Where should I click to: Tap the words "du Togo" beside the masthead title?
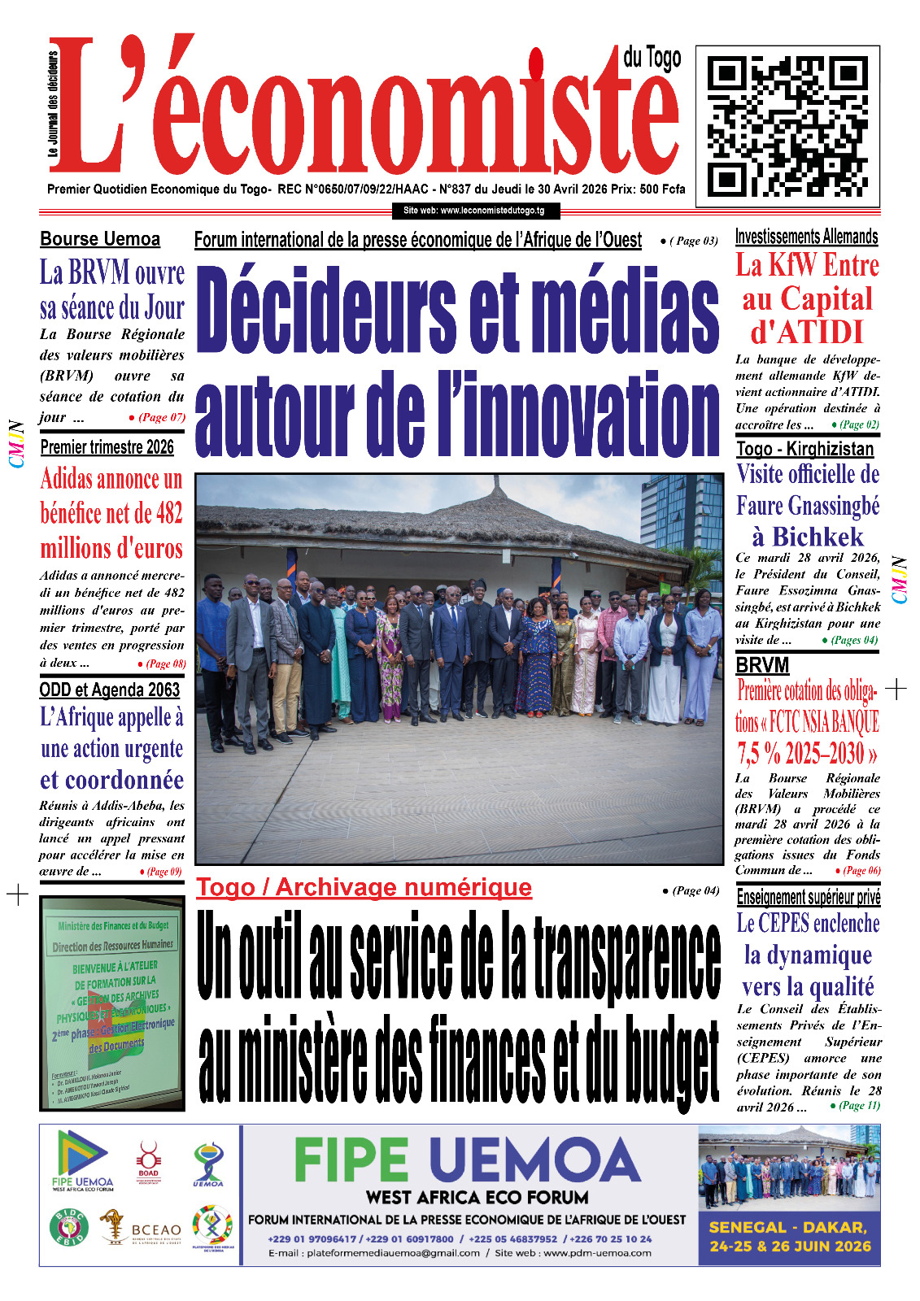pyautogui.click(x=652, y=59)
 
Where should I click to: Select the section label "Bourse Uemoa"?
pyautogui.click(x=100, y=239)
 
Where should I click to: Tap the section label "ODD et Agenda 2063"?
pyautogui.click(x=110, y=690)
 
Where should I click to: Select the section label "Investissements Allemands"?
pyautogui.click(x=806, y=237)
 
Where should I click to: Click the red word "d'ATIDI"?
pyautogui.click(x=806, y=333)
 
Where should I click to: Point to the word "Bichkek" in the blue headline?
pyautogui.click(x=818, y=537)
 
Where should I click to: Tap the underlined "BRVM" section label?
pyautogui.click(x=761, y=665)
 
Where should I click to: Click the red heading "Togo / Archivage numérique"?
pyautogui.click(x=364, y=888)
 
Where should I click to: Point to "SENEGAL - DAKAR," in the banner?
pyautogui.click(x=788, y=1228)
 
